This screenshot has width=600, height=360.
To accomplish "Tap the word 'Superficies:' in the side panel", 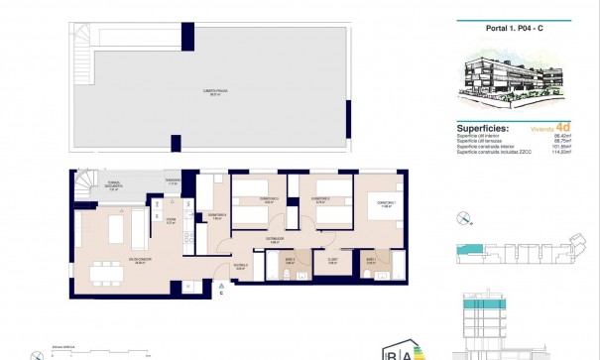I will pyautogui.click(x=483, y=128).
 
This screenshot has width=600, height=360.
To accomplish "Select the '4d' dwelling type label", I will pyautogui.click(x=562, y=127).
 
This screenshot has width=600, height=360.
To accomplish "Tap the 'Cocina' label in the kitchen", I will pyautogui.click(x=171, y=222).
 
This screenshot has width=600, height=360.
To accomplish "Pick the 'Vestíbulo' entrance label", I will pyautogui.click(x=240, y=266).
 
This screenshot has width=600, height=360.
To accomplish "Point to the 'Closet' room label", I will pyautogui.click(x=334, y=262).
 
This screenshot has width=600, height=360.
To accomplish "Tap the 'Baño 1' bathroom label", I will pyautogui.click(x=370, y=262).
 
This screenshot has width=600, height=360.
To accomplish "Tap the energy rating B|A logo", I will pyautogui.click(x=397, y=352).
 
